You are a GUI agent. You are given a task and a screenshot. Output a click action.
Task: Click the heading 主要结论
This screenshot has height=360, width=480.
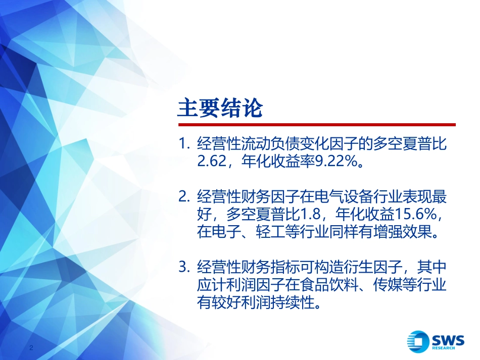[220, 108]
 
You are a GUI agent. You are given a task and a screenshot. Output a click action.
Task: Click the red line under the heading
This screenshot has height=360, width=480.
[316, 125]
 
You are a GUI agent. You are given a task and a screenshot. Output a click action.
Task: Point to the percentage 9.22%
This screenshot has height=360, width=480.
[339, 162]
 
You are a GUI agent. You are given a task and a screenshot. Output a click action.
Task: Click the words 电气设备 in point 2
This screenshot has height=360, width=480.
[327, 197]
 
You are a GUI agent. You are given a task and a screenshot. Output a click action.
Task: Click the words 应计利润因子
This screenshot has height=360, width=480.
[235, 284]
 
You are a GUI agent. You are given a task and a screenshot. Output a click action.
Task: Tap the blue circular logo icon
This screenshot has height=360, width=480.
[419, 340]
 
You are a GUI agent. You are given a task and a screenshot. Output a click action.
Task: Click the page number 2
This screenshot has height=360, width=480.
[32, 349]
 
